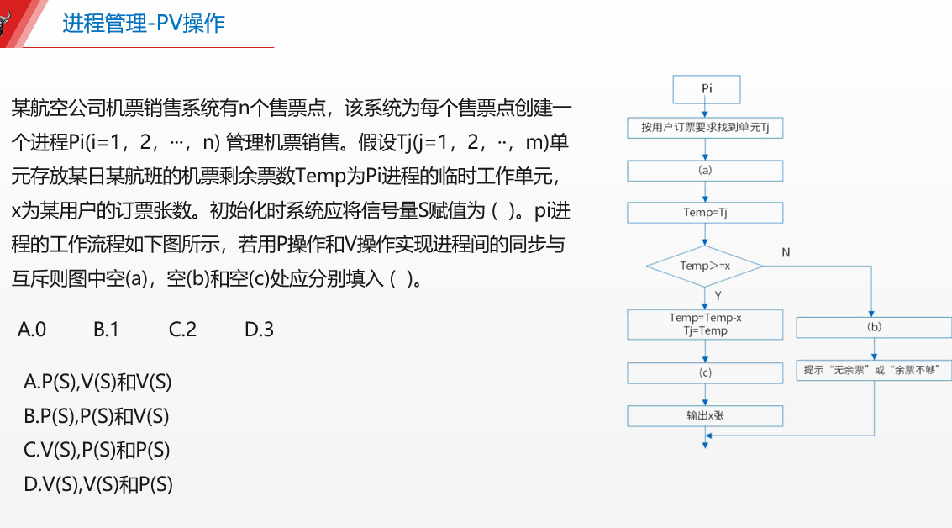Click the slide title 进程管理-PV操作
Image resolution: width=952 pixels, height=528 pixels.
pos(143,23)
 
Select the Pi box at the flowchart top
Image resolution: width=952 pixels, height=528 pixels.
pos(706,88)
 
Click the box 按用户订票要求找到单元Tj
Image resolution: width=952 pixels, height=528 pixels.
pos(706,128)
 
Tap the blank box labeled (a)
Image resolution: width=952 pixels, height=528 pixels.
pos(706,170)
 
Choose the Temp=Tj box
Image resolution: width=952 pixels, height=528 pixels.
pos(706,212)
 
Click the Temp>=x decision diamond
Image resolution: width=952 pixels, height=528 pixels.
pos(705,266)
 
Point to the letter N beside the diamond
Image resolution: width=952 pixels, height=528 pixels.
pos(786,252)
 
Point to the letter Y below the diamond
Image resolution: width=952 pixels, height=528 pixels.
pos(718,295)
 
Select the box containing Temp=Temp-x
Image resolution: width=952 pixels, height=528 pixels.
pos(706,324)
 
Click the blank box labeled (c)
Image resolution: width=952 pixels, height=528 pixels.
pos(706,372)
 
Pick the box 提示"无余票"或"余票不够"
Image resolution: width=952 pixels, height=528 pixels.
pos(874,370)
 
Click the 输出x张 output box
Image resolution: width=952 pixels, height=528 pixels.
pos(706,415)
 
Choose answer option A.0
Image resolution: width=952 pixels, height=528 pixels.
pos(32,330)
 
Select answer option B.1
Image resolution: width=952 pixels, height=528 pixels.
pos(106,330)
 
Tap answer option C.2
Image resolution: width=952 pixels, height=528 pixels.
pos(182,330)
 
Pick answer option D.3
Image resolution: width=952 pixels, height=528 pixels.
pos(259,330)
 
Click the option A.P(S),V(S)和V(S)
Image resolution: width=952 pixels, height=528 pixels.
pos(97,383)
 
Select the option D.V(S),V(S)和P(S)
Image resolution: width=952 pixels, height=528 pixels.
pos(98,484)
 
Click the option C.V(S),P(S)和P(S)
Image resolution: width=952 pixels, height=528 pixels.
pos(97,451)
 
